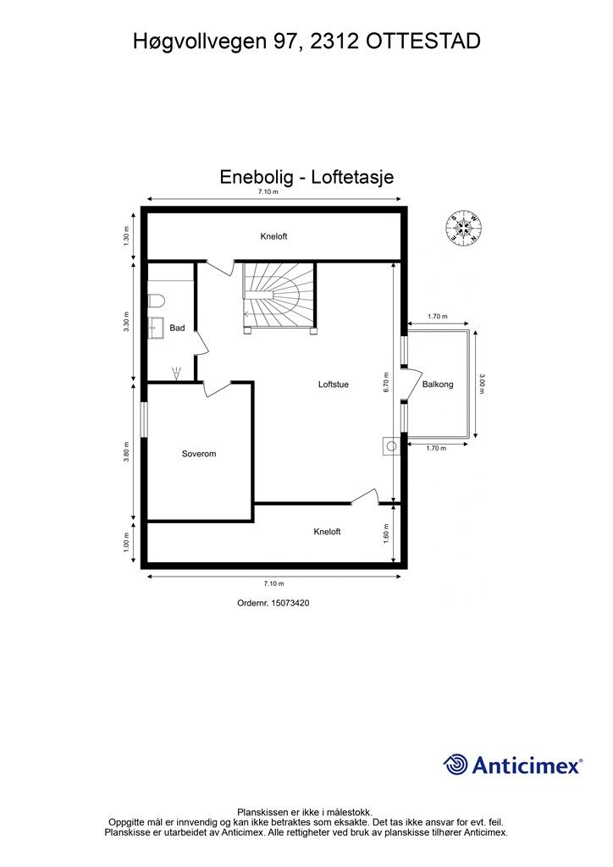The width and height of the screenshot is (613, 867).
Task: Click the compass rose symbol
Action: pyautogui.click(x=461, y=227)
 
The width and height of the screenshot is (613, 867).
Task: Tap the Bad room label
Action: pyautogui.click(x=177, y=328)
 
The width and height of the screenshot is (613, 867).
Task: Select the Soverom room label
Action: pyautogui.click(x=199, y=454)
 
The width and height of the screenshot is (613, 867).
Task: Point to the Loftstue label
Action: pyautogui.click(x=334, y=384)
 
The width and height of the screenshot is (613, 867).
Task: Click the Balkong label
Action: pyautogui.click(x=438, y=384)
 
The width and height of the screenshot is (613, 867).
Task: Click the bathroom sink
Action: pyautogui.click(x=155, y=326)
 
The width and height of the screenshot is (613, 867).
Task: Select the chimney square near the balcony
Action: pyautogui.click(x=391, y=445)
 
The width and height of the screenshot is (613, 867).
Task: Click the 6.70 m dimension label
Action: pyautogui.click(x=386, y=384)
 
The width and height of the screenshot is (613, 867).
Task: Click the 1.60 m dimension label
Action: pyautogui.click(x=386, y=533)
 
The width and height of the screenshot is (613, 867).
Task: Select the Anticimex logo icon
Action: pyautogui.click(x=456, y=765)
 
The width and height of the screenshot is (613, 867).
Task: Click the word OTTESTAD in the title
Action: pyautogui.click(x=423, y=40)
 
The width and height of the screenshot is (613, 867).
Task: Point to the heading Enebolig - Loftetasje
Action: pyautogui.click(x=306, y=178)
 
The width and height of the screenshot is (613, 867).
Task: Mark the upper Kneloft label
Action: pyautogui.click(x=273, y=236)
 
